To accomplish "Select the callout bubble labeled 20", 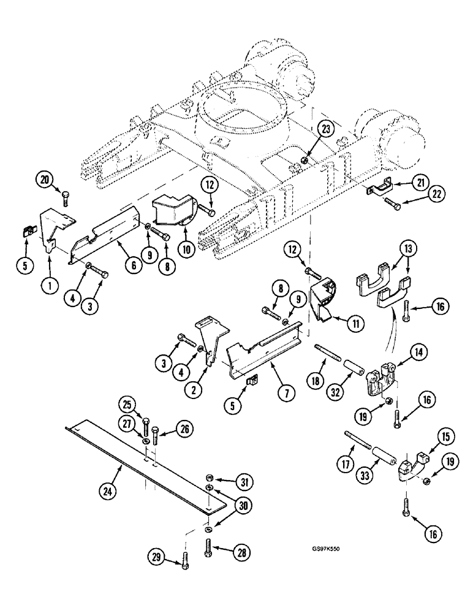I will pyautogui.click(x=44, y=180).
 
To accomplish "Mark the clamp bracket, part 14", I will pyautogui.click(x=377, y=380).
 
